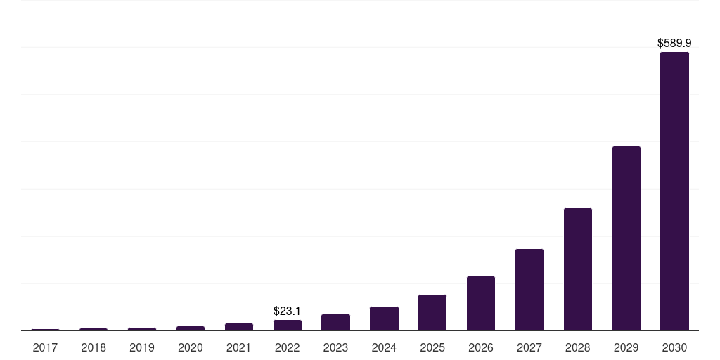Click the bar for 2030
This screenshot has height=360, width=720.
[x=674, y=191]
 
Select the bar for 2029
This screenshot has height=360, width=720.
[x=626, y=238]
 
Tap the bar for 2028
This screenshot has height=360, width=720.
[x=577, y=269]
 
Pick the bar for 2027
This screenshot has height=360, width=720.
[x=529, y=290]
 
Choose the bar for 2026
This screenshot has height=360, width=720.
[x=481, y=303]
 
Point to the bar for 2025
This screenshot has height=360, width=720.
[x=432, y=312]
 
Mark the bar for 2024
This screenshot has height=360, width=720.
[x=384, y=319]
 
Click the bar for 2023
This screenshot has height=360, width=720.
[x=335, y=322]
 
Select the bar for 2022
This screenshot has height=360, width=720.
[x=288, y=325]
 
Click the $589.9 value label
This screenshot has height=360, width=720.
[x=674, y=44]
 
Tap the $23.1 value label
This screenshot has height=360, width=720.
[x=288, y=311]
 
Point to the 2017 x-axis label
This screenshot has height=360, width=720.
[x=45, y=347]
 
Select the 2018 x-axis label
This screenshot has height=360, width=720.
[x=94, y=347]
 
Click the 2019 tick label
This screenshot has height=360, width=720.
[x=142, y=347]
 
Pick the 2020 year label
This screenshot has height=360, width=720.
[x=191, y=347]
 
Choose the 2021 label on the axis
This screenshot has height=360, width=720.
[x=239, y=347]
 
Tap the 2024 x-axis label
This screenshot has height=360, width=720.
[x=384, y=347]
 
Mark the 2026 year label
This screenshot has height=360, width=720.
[x=481, y=347]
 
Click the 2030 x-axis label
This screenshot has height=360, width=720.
[x=674, y=347]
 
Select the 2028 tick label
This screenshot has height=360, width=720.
[x=577, y=347]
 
